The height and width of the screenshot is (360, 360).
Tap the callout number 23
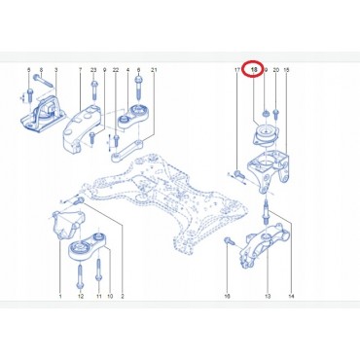[x=92, y=72]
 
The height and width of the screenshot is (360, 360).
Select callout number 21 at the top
[x=154, y=72]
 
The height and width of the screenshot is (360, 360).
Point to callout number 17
[x=237, y=72]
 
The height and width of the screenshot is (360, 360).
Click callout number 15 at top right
[x=286, y=72]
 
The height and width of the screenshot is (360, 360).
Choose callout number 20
[x=276, y=72]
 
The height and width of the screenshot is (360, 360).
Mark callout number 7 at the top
[x=80, y=72]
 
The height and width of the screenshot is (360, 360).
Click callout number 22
[x=116, y=72]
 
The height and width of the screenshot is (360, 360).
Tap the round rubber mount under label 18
[x=262, y=134]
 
